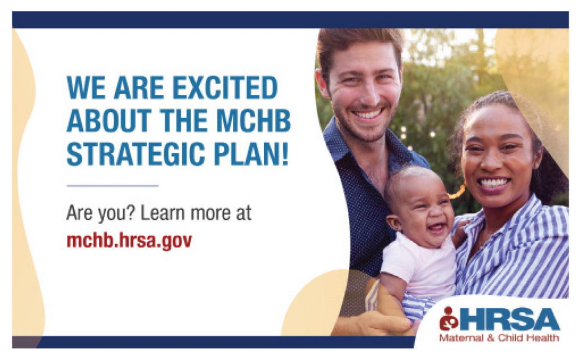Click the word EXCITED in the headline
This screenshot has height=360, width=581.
225,89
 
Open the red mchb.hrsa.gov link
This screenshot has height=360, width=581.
129,240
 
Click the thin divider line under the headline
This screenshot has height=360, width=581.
112,186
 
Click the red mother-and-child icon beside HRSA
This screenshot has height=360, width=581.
449,319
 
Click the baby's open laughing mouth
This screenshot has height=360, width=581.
436,228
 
